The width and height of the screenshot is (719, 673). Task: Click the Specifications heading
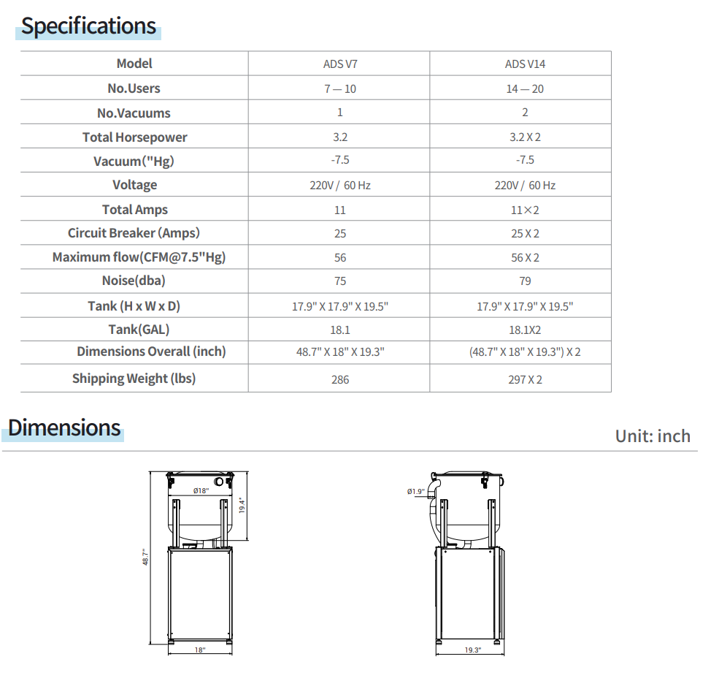[x=88, y=26]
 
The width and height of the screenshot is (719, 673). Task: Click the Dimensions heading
[x=64, y=427]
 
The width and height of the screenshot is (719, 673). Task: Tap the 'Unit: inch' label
[x=652, y=436]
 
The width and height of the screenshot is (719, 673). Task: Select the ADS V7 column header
[x=340, y=64]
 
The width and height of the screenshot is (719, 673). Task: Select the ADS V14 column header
[x=525, y=64]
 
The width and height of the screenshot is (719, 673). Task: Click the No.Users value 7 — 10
[x=340, y=89]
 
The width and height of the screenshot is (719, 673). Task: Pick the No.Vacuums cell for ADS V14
[x=525, y=113]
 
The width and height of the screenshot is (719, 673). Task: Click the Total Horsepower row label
[x=134, y=137]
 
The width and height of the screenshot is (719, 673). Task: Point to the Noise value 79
[x=525, y=281]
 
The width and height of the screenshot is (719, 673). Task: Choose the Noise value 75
[x=340, y=281]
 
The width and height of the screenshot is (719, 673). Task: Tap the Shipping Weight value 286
[x=340, y=380]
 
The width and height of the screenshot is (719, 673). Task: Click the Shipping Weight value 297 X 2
[x=525, y=380]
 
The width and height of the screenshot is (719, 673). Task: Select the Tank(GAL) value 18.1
[x=340, y=330]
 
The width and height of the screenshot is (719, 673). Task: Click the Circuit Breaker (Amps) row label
[x=134, y=234]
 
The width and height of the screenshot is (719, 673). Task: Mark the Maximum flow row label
[x=139, y=258]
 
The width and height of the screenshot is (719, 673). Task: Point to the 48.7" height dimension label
[x=145, y=557]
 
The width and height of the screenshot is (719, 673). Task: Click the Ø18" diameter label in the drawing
[x=201, y=491]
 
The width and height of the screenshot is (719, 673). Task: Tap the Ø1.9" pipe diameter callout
[x=415, y=492]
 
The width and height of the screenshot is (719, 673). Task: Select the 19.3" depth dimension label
[x=472, y=650]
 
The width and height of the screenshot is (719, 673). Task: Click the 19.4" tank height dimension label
[x=242, y=505]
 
